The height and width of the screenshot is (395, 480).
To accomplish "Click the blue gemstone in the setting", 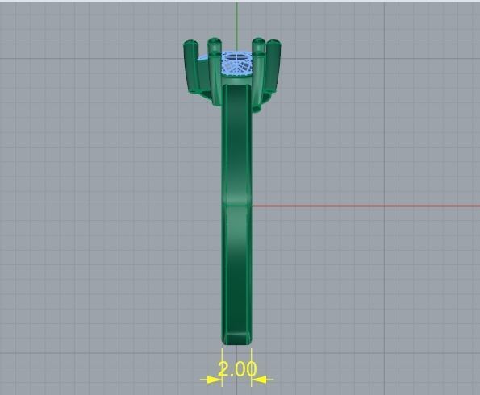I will click(236, 63).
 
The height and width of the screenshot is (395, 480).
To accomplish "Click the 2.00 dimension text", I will click(237, 370).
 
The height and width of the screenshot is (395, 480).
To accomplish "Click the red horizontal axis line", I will click(363, 206).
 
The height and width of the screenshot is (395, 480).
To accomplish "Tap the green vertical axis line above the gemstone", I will click(236, 24).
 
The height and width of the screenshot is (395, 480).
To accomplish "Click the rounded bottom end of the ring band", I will click(236, 339).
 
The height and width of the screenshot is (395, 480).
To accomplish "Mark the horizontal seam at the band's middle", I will click(236, 204).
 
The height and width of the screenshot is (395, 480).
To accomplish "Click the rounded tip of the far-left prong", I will click(190, 45).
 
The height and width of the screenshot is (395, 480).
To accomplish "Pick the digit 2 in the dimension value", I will click(223, 370).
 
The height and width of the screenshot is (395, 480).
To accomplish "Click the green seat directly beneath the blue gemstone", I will click(236, 80).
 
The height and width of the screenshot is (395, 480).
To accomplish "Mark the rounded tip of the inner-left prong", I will click(215, 41).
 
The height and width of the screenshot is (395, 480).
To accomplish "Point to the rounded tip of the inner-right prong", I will click(257, 41).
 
